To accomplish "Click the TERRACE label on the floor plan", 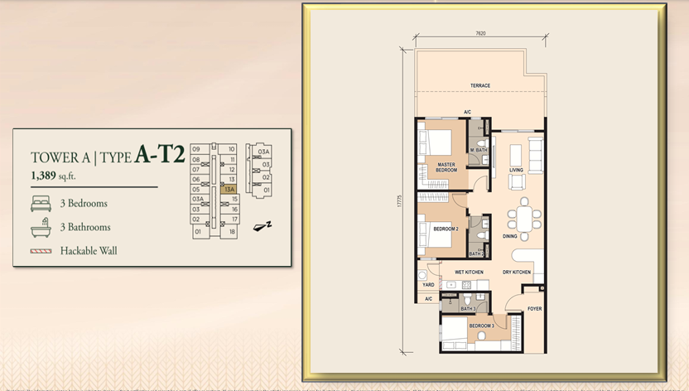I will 480,85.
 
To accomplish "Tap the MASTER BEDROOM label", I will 447,167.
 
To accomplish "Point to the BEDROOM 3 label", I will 481,326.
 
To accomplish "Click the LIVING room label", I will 516,171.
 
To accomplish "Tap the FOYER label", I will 534,310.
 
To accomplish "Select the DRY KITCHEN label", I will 516,272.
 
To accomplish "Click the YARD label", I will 428,285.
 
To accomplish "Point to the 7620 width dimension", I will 480,33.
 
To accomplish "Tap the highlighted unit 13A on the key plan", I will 229,190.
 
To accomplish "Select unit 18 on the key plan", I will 233,233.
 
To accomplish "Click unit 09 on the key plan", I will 196,149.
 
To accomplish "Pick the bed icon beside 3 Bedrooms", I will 41,203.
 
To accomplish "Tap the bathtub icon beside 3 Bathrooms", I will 41,226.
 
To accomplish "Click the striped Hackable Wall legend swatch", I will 41,250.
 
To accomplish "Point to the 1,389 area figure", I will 48,176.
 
